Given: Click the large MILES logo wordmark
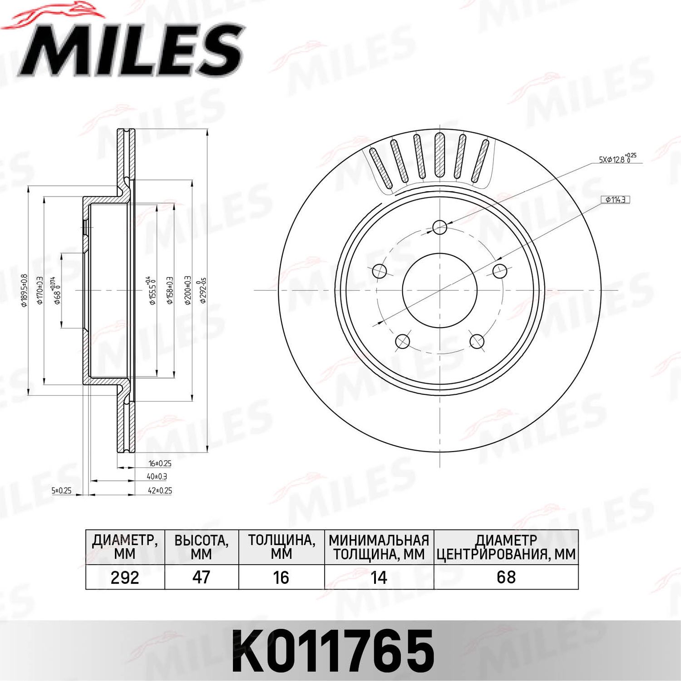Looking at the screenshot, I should tap(132, 50).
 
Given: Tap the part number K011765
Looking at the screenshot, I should tap(333, 651).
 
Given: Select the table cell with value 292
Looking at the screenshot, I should tap(125, 577).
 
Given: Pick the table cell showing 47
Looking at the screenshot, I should tap(201, 577).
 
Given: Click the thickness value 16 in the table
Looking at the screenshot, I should tap(281, 577).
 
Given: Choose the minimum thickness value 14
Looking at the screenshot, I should tap(379, 577).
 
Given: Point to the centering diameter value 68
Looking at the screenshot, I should tap(506, 577).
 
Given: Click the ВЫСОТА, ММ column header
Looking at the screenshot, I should tap(201, 547).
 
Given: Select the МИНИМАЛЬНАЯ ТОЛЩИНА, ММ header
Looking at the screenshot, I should tap(379, 547).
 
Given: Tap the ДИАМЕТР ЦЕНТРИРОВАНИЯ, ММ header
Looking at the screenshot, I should tap(506, 547).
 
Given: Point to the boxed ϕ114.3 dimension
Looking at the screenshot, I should tap(616, 199).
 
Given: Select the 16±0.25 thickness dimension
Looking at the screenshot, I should tap(160, 463).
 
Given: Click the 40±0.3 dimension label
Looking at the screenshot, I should tap(157, 477).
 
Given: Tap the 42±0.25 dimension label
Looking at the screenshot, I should tap(160, 491).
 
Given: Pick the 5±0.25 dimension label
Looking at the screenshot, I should tap(61, 491).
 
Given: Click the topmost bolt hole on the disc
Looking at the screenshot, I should tap(439, 227).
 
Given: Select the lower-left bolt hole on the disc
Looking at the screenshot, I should tap(403, 341).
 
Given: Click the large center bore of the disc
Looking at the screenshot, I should tap(439, 290).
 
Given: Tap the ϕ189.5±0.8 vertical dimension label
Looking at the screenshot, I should tap(25, 291).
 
